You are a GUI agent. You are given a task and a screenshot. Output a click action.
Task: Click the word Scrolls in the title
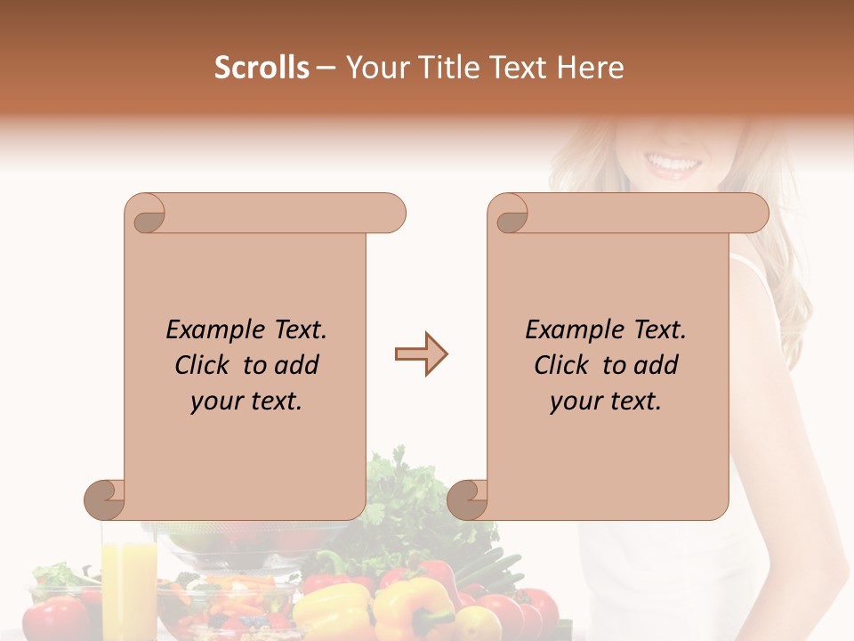click(262, 68)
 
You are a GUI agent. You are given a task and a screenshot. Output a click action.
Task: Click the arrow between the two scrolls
click(421, 354)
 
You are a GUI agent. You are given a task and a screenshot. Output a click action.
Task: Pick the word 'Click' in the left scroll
click(204, 365)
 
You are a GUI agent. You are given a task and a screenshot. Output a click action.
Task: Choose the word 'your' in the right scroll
click(575, 402)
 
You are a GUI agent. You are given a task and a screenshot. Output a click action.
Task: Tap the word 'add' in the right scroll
click(656, 365)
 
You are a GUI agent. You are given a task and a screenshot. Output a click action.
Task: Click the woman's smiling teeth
click(673, 164)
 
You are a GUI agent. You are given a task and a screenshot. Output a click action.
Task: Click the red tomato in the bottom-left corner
click(55, 619)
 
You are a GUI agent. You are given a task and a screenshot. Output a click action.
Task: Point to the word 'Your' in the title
click(374, 68)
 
